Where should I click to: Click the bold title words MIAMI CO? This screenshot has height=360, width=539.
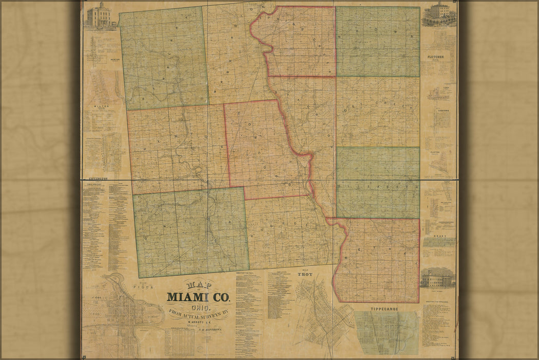(x=198, y=297)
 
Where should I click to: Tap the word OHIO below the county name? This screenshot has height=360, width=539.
(x=198, y=308)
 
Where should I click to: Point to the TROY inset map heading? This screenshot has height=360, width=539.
(x=305, y=275)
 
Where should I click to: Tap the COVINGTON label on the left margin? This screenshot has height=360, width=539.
(x=97, y=178)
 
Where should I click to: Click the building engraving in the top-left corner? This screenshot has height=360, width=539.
(x=100, y=15)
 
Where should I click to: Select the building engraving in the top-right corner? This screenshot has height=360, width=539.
(x=438, y=13)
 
